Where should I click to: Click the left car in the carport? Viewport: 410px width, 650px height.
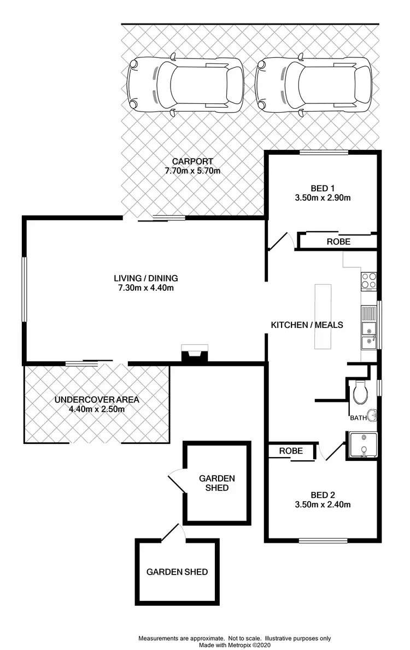coord(185,85)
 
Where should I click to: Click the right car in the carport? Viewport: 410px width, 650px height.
coord(314,85)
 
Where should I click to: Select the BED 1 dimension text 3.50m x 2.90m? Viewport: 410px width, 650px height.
coord(322,198)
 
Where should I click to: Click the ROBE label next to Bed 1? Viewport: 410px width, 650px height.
coord(338,241)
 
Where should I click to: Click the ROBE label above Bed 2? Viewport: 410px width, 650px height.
coord(291,451)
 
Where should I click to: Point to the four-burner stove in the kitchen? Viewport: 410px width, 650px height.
coord(369,280)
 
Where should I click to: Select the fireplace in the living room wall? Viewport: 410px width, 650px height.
coord(195,354)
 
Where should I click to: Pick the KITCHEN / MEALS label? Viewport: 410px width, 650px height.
coord(307,325)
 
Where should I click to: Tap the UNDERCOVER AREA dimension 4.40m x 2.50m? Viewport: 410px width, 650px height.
coord(97,409)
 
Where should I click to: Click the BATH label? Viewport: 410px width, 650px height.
coord(359,418)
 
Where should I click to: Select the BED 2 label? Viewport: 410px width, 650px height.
coord(322,495)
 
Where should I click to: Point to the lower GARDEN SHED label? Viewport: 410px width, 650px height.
coord(177,572)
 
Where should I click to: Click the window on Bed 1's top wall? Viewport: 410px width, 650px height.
coord(324,153)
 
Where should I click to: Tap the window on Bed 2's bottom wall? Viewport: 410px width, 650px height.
coord(324,541)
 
